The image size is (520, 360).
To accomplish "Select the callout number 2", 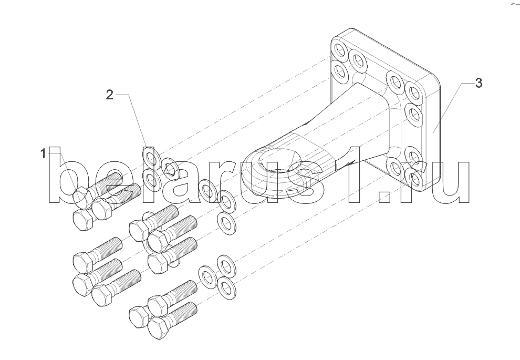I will [109, 95].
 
